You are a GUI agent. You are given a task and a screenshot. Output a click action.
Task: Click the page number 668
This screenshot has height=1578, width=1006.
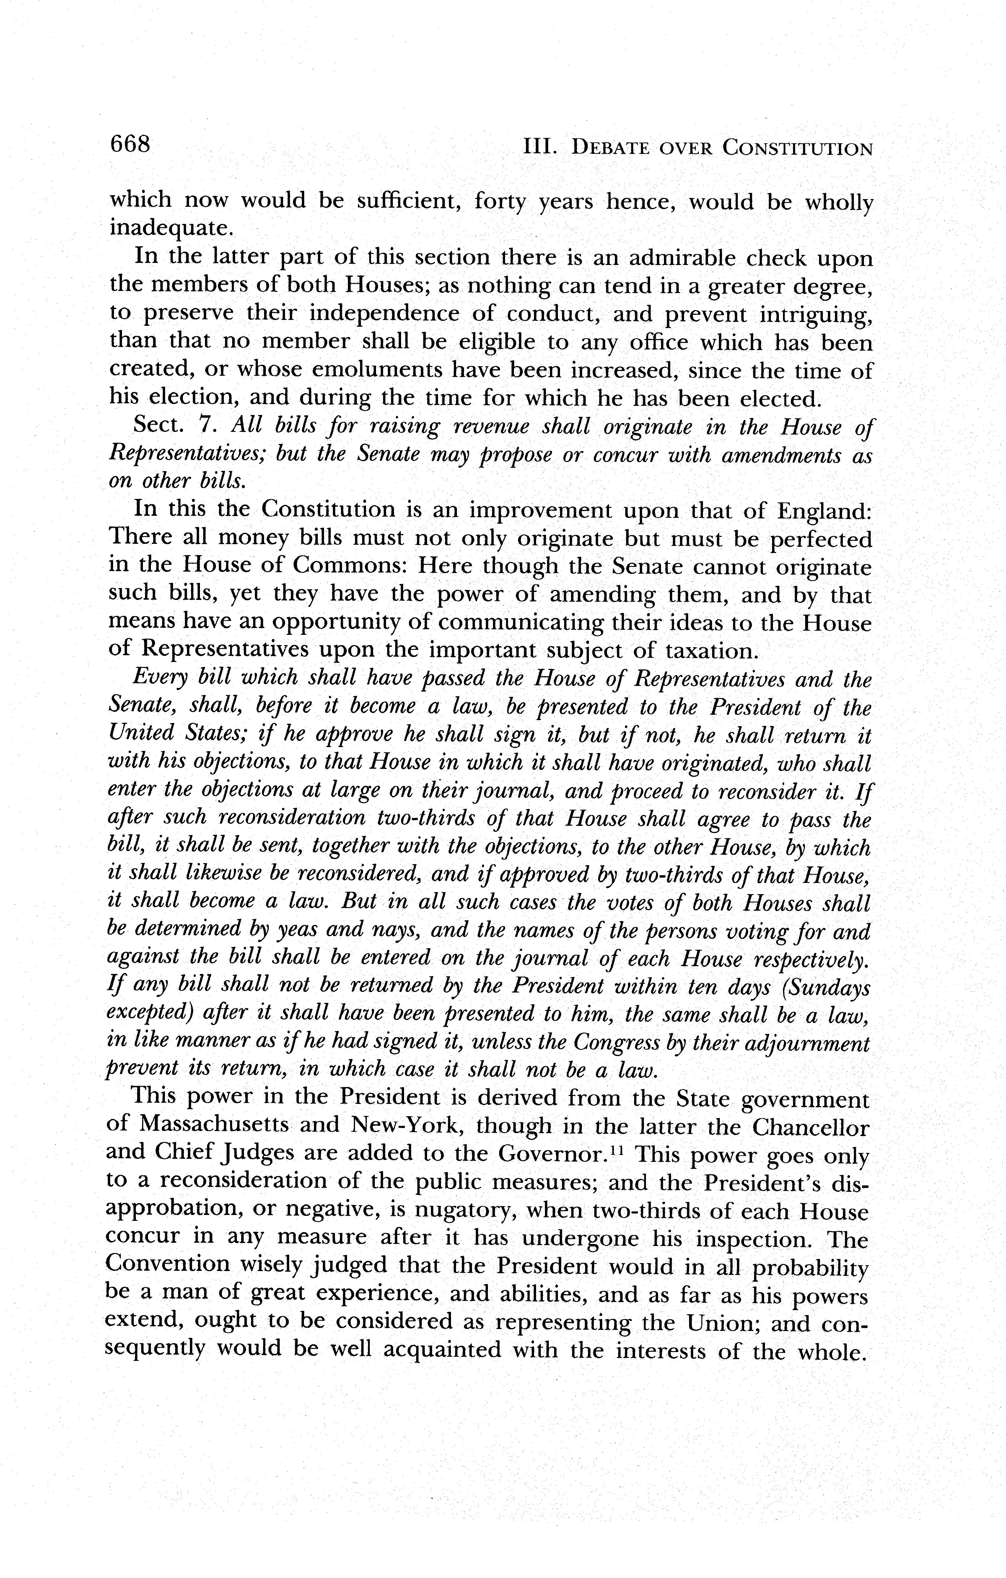click(131, 144)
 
